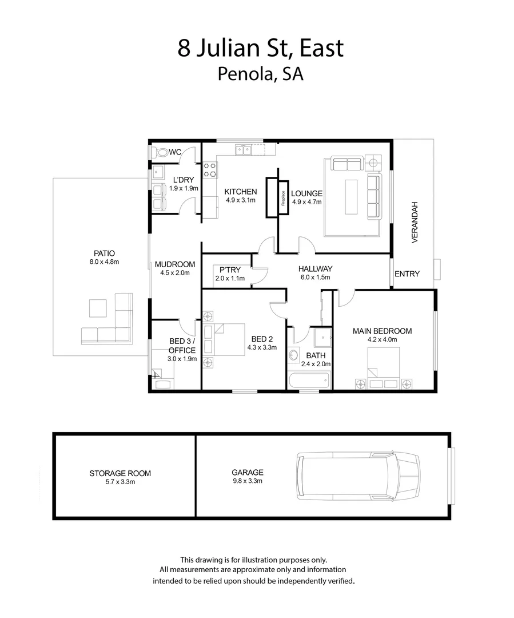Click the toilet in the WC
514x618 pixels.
162,152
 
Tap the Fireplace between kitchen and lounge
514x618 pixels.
282,198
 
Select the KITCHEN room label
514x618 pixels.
240,192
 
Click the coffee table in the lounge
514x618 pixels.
350,197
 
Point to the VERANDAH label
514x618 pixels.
416,222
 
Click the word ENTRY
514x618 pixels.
407,274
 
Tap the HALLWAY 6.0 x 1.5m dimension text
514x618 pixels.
315,278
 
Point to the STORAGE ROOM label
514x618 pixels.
120,473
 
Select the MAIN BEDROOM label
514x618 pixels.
382,331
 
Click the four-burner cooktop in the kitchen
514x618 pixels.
210,170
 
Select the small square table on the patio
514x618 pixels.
98,309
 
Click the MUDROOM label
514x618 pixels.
175,264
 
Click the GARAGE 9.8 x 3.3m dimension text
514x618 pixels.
247,481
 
